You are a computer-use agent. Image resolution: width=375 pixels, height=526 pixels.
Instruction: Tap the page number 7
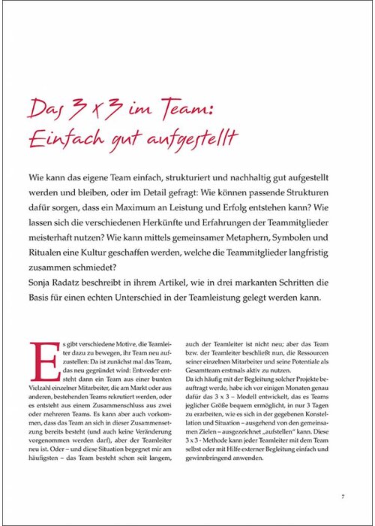[342, 496]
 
